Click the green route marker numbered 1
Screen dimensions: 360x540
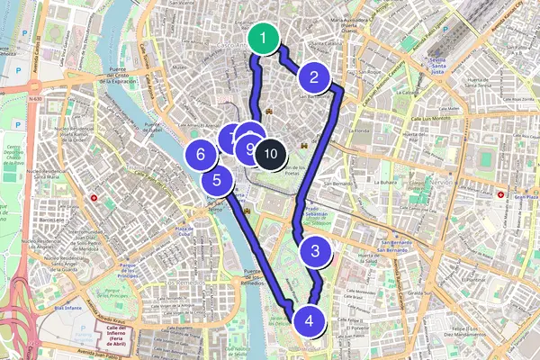click(263, 40)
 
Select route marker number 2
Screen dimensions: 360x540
click(314, 78)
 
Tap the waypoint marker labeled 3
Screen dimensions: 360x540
click(315, 253)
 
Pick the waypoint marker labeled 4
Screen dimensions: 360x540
click(309, 320)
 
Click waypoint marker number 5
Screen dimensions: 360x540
click(218, 179)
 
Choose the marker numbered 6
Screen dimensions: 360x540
click(200, 156)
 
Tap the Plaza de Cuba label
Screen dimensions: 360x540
click(185, 231)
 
